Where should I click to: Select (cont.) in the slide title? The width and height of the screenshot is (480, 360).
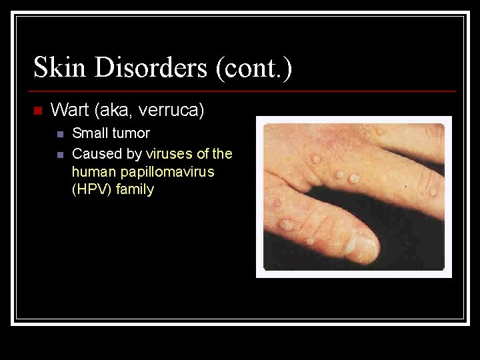tap(254, 68)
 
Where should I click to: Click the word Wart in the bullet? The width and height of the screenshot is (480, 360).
tap(67, 110)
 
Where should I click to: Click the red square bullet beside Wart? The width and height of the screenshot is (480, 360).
tap(37, 110)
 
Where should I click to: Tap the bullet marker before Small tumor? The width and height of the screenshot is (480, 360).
tap(59, 134)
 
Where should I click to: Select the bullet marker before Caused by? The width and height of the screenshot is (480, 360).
tap(59, 155)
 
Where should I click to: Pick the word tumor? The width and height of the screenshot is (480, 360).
tap(132, 133)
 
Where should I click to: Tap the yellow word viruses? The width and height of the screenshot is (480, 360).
tap(169, 154)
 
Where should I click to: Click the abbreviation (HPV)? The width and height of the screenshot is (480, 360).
tap(92, 189)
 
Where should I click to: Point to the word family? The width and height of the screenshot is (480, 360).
tap(135, 189)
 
